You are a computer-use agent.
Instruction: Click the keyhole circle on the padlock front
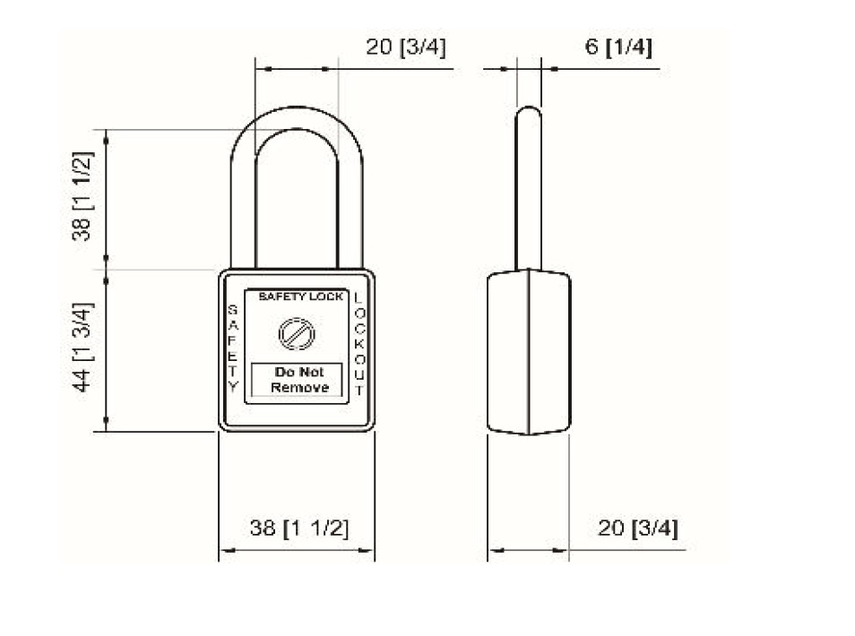297,333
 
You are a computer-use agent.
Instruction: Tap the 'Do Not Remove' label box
297,380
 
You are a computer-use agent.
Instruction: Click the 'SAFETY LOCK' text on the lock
300,297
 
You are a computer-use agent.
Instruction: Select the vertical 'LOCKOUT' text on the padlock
358,345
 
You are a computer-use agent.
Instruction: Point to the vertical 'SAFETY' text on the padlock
233,348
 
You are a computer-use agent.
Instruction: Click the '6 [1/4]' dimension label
618,47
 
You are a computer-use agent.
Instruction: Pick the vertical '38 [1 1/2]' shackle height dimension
83,196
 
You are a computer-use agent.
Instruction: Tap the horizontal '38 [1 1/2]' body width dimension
298,528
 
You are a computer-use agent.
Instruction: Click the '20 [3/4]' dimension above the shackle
405,47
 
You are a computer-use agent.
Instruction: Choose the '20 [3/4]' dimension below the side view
637,528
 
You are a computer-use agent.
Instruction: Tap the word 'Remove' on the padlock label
299,388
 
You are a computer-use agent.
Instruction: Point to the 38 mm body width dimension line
297,550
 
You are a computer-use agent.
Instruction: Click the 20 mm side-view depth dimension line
527,550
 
